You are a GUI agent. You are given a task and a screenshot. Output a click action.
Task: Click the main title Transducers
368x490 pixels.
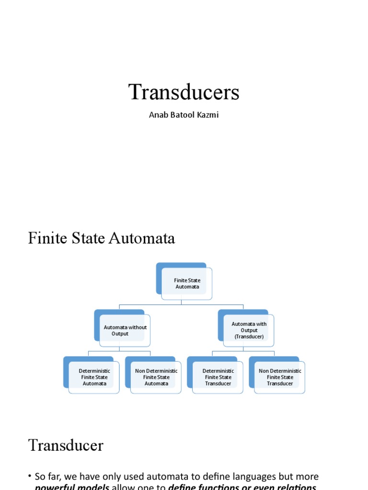coord(184,92)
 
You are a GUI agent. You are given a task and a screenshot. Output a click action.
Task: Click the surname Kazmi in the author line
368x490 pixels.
coord(207,115)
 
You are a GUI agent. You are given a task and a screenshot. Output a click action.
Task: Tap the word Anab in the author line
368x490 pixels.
coord(158,115)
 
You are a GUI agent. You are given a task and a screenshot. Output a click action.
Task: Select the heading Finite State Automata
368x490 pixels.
coord(102,238)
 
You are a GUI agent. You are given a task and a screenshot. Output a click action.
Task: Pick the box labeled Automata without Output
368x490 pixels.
coord(125,331)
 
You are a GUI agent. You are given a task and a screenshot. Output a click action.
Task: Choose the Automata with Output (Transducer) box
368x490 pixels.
coord(249,330)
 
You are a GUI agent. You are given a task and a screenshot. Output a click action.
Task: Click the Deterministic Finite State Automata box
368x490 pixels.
coord(94,377)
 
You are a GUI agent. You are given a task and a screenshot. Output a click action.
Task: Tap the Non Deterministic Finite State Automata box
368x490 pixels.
coord(156,377)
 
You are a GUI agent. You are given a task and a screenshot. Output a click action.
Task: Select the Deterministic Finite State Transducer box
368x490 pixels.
coord(218,377)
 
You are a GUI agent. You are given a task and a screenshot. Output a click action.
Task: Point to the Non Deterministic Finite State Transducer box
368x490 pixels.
coord(280,377)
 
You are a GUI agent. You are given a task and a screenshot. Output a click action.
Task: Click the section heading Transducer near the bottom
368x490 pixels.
coord(66,445)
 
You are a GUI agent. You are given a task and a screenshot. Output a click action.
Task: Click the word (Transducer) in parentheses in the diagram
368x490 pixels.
coord(249,337)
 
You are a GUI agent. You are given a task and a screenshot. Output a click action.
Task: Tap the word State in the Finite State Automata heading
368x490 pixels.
coord(86,238)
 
